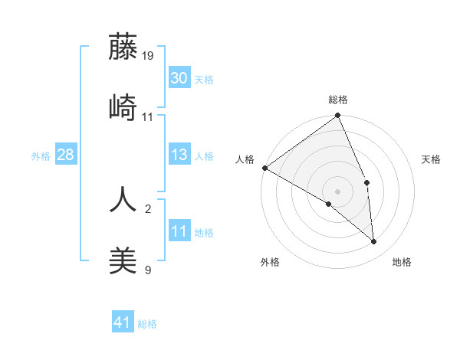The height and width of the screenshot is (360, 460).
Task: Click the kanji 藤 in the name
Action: coord(123,47)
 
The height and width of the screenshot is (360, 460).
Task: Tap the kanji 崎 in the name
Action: coord(123,107)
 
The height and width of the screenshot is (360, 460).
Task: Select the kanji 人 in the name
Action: coord(123,198)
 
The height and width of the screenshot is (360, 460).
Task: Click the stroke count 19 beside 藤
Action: coord(148,55)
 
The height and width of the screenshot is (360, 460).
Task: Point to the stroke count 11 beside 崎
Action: coord(148,116)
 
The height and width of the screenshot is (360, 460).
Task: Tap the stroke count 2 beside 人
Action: coord(148,208)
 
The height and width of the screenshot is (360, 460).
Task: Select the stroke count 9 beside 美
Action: coord(148,270)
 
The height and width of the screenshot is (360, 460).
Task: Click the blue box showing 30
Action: coord(179,78)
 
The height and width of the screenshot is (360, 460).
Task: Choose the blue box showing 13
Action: coord(179,155)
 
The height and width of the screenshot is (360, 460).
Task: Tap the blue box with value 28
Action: coord(65,155)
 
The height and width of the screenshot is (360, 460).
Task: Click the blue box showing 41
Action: coord(123,322)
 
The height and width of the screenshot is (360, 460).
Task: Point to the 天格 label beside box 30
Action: coord(204,79)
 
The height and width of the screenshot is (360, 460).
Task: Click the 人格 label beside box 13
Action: coord(204,156)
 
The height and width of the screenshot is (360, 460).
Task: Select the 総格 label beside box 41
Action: coord(147,324)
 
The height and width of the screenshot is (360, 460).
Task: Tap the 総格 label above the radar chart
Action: coord(338,100)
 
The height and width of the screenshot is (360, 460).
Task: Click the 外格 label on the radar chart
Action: coord(269,262)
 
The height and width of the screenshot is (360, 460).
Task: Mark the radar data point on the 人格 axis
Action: coord(264,168)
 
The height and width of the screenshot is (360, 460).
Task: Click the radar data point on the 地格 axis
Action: coord(374,241)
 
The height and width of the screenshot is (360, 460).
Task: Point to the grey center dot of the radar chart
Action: coord(338,191)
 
